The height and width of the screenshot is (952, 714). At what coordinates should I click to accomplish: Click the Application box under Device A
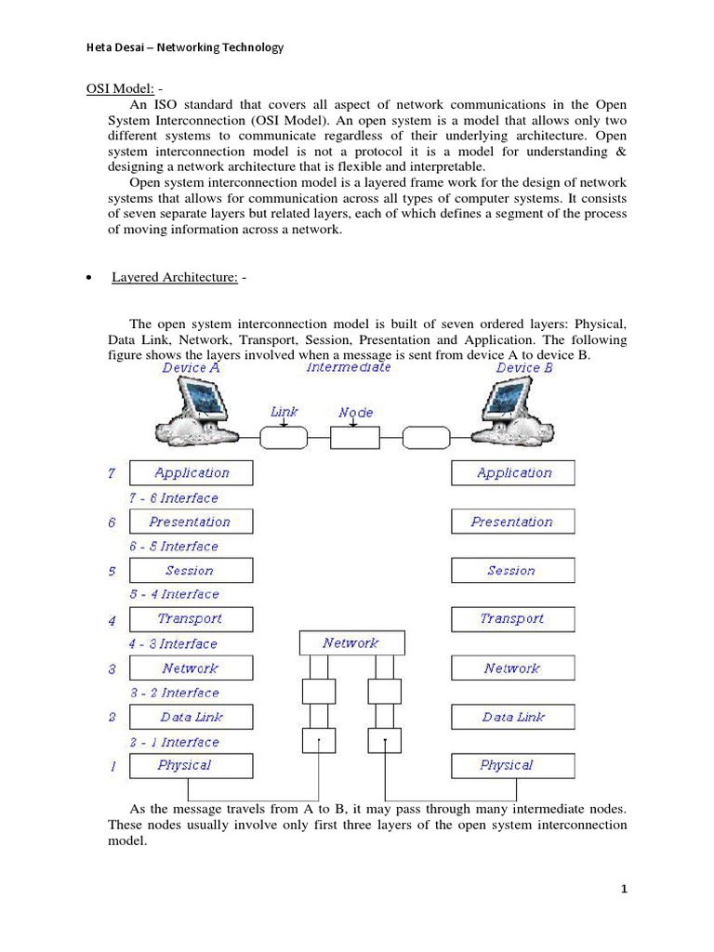(191, 473)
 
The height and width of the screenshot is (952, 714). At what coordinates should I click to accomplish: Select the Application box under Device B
(513, 473)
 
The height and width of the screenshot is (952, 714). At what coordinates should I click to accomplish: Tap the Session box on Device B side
(513, 571)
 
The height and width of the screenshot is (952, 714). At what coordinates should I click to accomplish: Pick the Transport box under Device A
(191, 619)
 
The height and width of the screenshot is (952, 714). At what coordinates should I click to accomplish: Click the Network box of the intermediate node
(351, 643)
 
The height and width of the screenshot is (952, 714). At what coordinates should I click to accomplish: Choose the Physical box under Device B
(513, 765)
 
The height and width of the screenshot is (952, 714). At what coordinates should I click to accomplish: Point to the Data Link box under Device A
(191, 717)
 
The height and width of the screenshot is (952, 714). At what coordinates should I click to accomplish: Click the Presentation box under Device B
(513, 522)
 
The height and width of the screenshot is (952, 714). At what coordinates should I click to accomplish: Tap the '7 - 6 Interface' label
(174, 498)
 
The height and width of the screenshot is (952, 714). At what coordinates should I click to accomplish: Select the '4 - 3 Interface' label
(174, 643)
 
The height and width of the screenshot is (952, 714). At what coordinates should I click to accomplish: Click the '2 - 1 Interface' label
(174, 742)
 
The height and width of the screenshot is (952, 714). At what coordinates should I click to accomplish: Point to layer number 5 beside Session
(112, 571)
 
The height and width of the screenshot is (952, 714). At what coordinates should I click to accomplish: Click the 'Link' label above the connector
(284, 411)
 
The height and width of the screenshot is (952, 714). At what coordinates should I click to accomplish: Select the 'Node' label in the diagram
(355, 411)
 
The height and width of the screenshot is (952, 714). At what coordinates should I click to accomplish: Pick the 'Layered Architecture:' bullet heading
(175, 278)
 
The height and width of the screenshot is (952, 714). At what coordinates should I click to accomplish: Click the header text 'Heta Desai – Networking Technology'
(173, 47)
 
